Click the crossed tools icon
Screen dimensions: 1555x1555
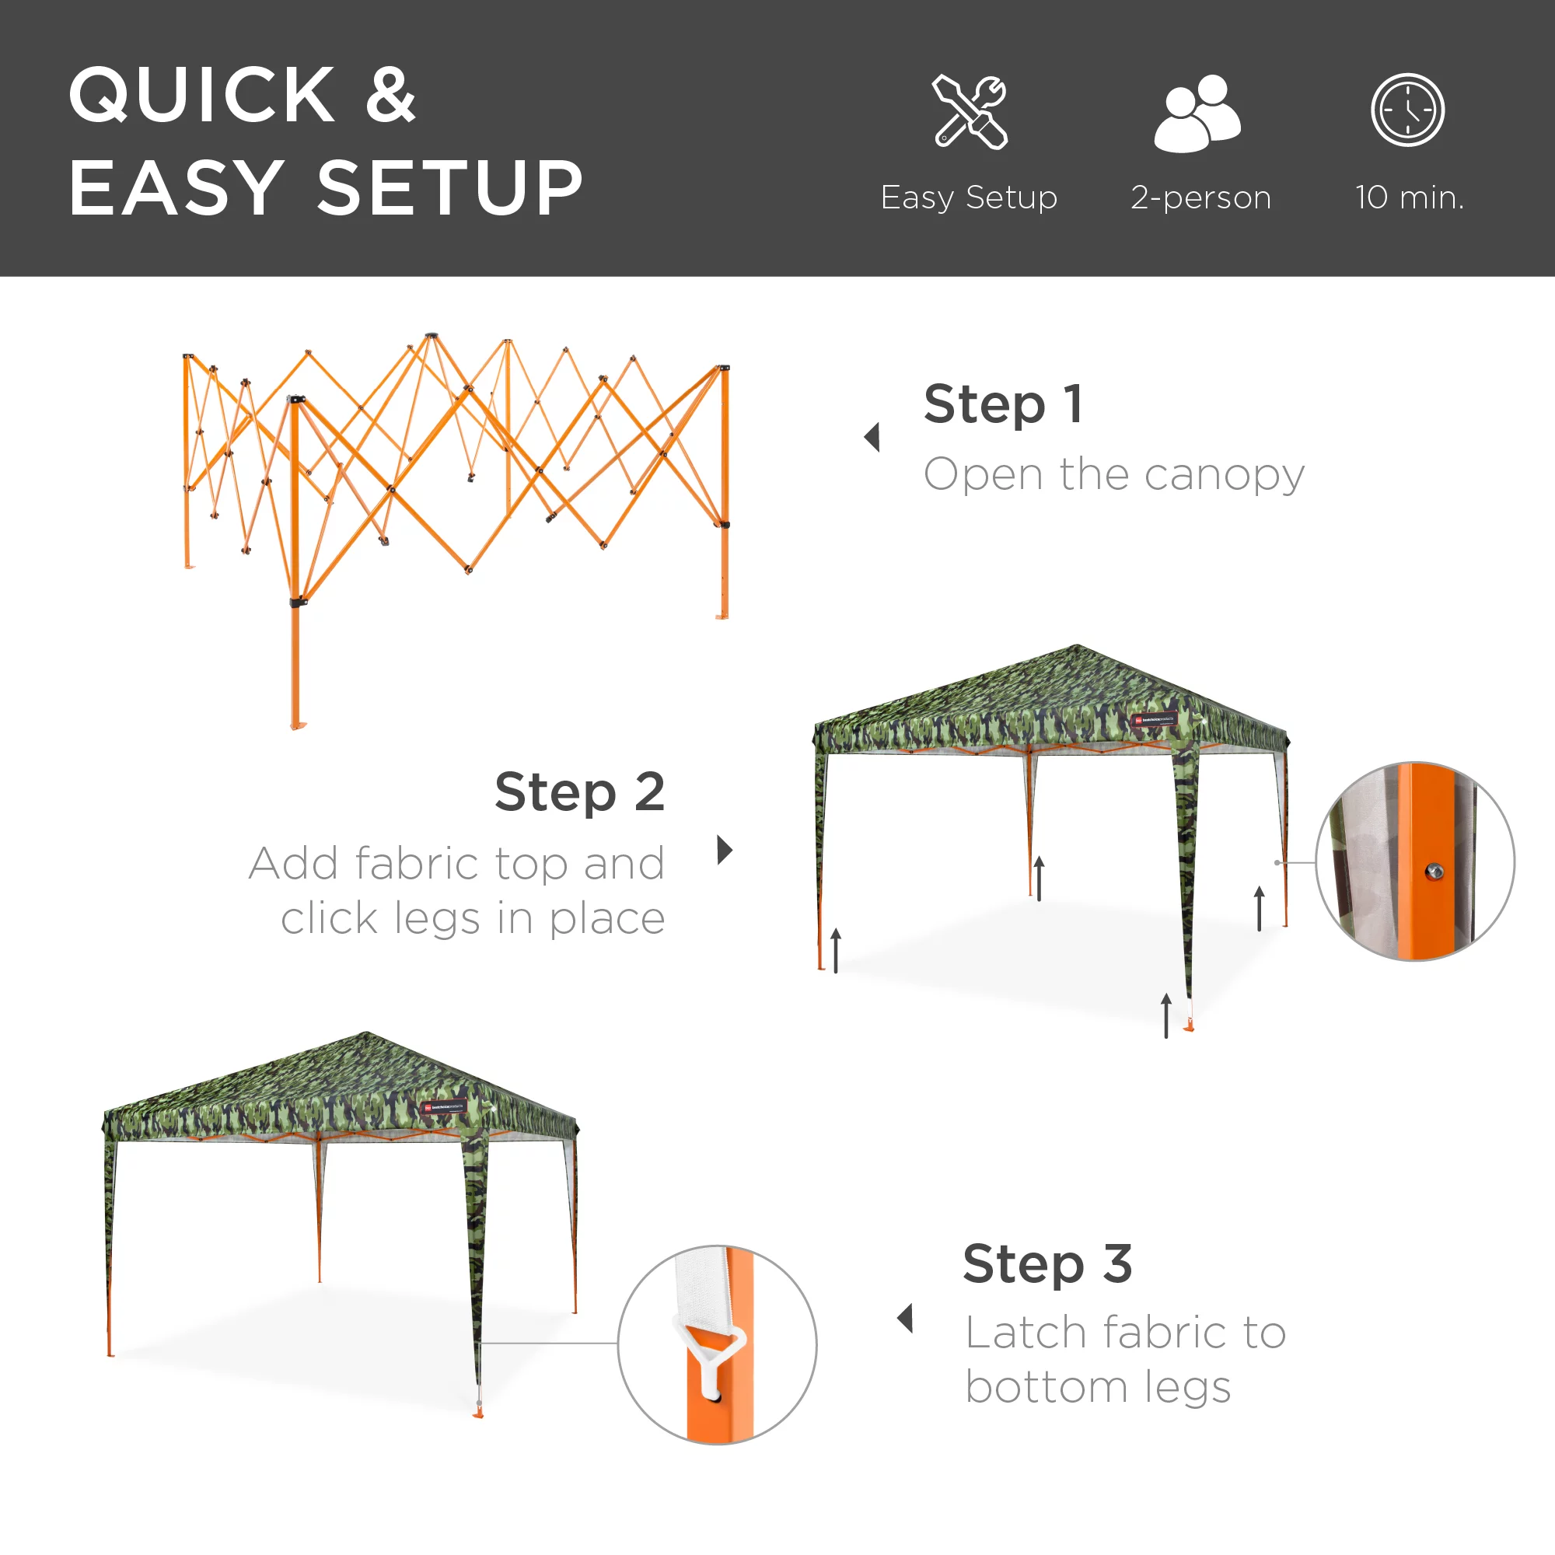970,112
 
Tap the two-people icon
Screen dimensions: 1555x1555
1197,113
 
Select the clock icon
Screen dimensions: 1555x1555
1408,110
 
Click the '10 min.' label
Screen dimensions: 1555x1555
1410,197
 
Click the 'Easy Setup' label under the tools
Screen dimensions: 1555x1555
969,197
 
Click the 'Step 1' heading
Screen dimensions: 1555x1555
1004,404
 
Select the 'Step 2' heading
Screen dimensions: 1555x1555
579,793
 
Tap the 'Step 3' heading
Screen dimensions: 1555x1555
1047,1263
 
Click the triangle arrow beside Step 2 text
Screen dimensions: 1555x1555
725,850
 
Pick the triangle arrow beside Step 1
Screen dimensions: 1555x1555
872,437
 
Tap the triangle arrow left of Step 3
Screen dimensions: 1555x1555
906,1319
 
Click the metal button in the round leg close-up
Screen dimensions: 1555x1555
1434,871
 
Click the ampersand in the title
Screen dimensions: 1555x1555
390,95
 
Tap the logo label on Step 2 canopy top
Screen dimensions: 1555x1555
1154,719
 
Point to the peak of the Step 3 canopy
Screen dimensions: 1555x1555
366,1033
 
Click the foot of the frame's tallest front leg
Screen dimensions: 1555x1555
298,726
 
